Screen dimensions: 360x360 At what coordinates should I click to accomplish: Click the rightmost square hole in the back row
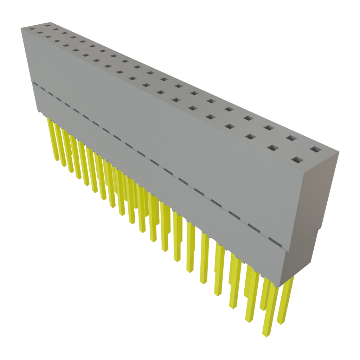(316, 149)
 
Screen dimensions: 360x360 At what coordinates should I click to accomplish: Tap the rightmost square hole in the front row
(297, 161)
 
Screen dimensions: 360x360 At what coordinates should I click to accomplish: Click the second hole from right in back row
(290, 138)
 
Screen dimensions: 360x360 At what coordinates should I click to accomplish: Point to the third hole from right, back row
(268, 128)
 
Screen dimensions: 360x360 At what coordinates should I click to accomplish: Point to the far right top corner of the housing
(339, 152)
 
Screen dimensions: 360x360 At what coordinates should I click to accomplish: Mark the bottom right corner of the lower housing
(281, 286)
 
